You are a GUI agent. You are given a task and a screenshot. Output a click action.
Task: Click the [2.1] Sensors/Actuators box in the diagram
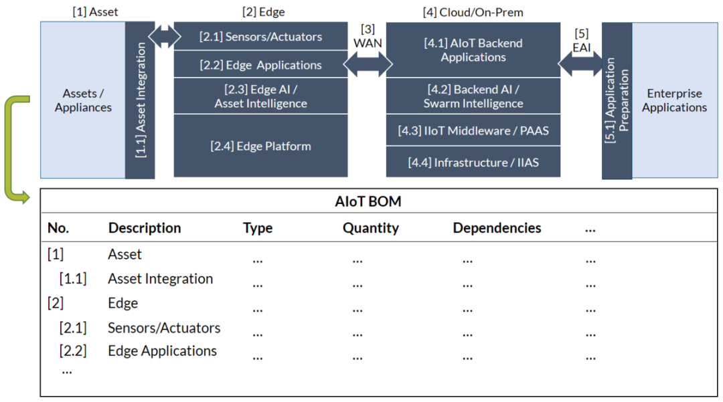click(x=260, y=36)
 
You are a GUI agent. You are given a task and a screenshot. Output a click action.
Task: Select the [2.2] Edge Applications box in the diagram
click(x=260, y=64)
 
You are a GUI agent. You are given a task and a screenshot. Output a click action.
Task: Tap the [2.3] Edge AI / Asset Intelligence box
click(x=260, y=96)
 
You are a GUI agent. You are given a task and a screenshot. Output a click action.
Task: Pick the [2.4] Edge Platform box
click(x=260, y=146)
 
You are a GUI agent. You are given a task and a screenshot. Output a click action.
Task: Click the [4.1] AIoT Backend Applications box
click(x=473, y=49)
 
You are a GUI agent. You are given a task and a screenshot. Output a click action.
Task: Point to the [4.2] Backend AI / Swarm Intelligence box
click(x=473, y=96)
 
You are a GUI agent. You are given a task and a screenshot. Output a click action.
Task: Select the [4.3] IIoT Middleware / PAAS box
click(x=473, y=130)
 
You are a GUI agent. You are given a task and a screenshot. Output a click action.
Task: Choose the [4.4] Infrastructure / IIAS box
click(x=473, y=162)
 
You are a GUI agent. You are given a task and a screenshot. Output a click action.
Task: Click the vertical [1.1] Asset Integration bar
click(x=140, y=100)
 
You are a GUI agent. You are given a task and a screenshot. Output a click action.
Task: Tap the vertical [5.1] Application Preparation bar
click(x=617, y=100)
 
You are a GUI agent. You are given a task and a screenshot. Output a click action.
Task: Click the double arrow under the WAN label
click(x=368, y=64)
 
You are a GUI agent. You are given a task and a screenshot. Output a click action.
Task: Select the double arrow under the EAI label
click(x=580, y=64)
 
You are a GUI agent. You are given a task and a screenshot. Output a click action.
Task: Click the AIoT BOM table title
click(x=368, y=201)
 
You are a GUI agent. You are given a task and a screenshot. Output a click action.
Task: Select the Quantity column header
click(x=371, y=228)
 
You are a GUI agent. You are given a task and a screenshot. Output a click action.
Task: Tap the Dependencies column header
click(x=497, y=228)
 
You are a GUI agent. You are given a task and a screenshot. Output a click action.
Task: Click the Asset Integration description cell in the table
click(x=161, y=279)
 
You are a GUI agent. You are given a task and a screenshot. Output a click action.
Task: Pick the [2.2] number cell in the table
click(x=73, y=351)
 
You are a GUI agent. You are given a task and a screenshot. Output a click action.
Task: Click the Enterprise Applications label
click(x=674, y=100)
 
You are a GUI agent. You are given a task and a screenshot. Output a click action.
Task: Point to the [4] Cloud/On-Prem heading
click(x=473, y=12)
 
